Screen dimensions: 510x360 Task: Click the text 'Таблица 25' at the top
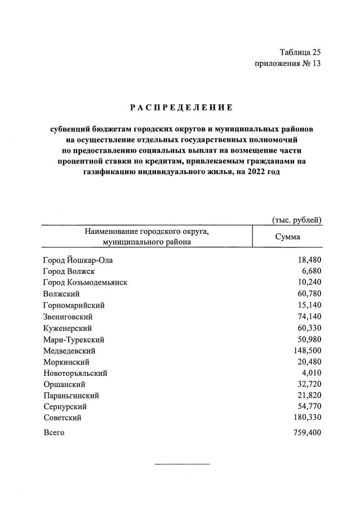coord(300,52)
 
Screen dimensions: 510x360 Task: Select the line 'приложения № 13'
coord(287,63)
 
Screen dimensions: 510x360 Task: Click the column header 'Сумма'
coord(287,237)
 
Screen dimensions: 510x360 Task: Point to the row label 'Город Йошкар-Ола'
coord(81,260)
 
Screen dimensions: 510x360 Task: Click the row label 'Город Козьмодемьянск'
coord(85,283)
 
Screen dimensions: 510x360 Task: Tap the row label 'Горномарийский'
coord(74,305)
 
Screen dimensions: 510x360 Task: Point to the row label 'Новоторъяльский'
coord(75,373)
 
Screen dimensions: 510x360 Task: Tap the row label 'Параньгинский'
coord(71,396)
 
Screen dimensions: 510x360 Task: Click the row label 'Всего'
coord(54,433)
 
